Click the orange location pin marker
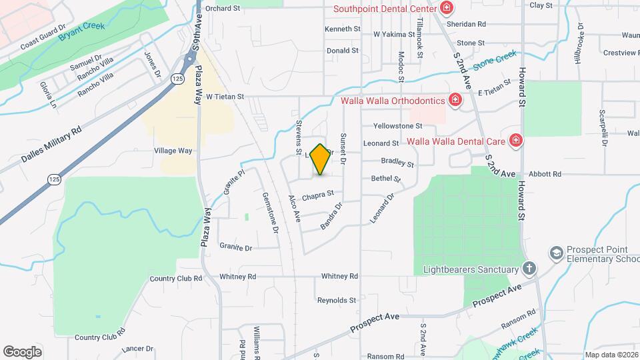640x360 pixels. pyautogui.click(x=321, y=159)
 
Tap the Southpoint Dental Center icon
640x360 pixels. pyautogui.click(x=447, y=9)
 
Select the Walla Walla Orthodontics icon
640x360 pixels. pyautogui.click(x=455, y=101)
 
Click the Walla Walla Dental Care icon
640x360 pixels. pyautogui.click(x=515, y=141)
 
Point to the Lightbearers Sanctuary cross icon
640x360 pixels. pyautogui.click(x=529, y=269)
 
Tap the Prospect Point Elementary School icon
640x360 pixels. pyautogui.click(x=555, y=253)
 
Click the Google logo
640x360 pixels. pyautogui.click(x=22, y=351)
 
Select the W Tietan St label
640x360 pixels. pyautogui.click(x=225, y=97)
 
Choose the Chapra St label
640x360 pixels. pyautogui.click(x=317, y=196)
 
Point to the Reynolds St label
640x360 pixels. pyautogui.click(x=336, y=300)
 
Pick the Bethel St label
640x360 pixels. pyautogui.click(x=386, y=179)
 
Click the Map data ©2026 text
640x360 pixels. pyautogui.click(x=610, y=355)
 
